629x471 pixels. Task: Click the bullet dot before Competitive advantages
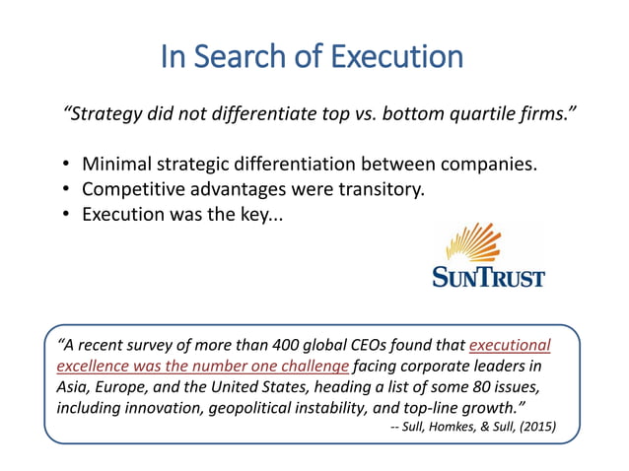(x=65, y=190)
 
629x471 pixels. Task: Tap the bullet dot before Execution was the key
(x=65, y=215)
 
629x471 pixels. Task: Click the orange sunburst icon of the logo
(x=486, y=245)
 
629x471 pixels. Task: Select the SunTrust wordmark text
(x=488, y=277)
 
